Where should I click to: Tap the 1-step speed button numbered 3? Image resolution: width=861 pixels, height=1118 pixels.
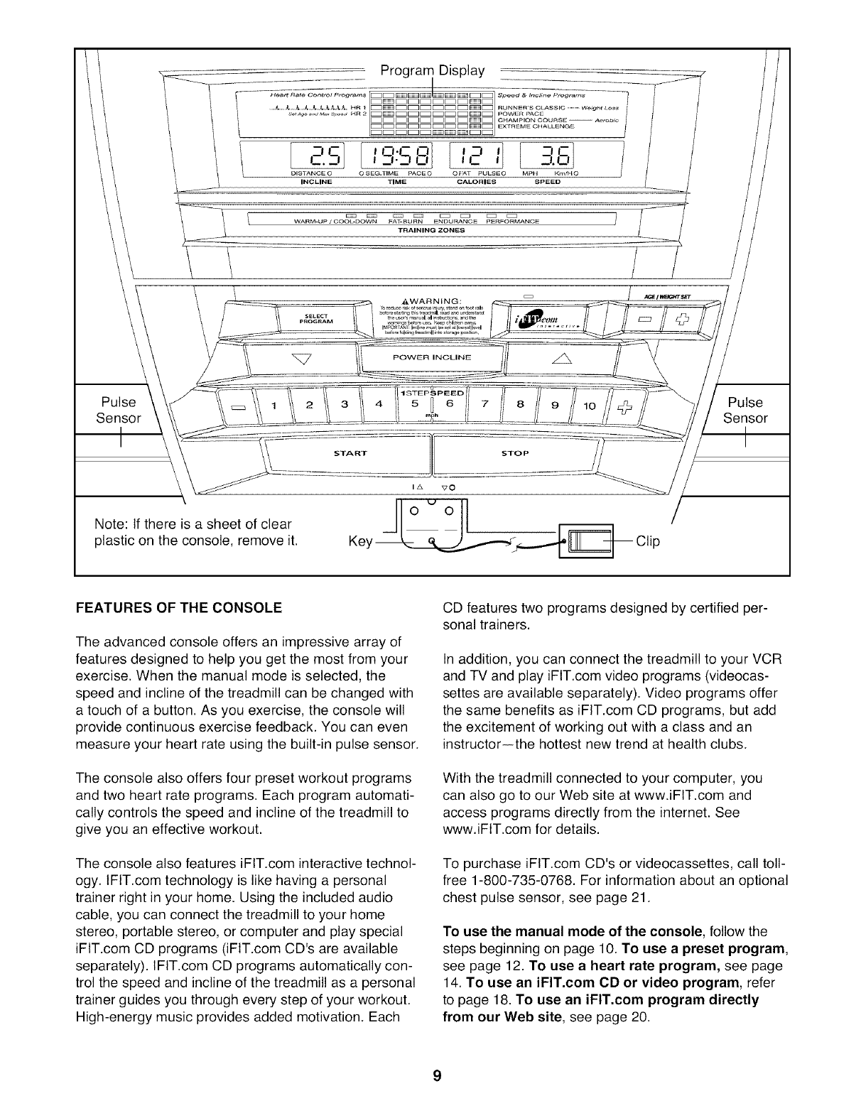(x=344, y=406)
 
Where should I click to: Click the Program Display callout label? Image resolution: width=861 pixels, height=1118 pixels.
(x=432, y=70)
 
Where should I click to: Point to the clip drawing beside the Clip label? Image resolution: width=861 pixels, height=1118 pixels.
(x=585, y=542)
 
